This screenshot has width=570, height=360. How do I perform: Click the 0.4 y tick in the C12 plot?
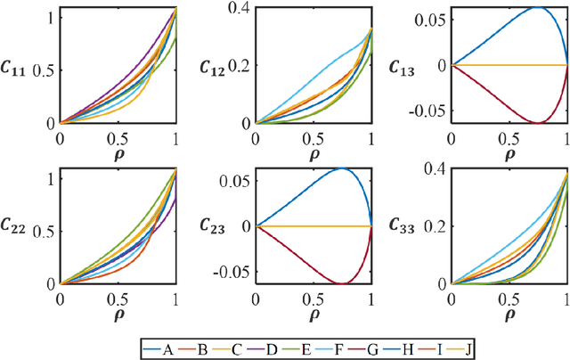(x=240, y=9)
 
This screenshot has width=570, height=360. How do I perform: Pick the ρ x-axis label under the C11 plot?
(x=117, y=151)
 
